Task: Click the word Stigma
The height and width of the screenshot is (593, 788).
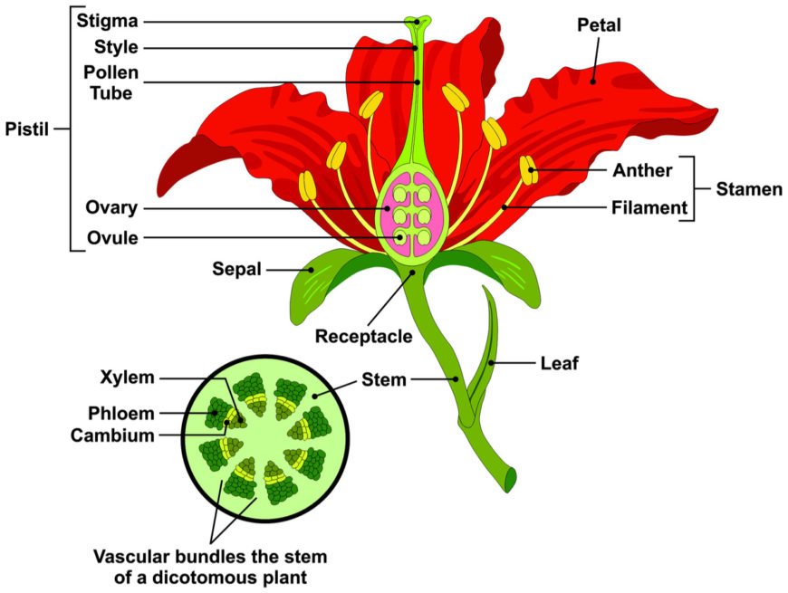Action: click(107, 20)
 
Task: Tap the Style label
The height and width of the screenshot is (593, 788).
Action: click(116, 47)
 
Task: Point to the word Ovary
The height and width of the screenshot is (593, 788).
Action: click(113, 208)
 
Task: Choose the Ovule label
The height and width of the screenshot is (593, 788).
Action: click(114, 239)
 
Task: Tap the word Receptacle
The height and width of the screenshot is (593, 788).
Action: click(363, 337)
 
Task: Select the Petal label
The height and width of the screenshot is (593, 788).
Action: click(599, 25)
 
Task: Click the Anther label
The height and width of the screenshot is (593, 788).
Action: click(642, 169)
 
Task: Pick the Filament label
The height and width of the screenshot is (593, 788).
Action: click(649, 208)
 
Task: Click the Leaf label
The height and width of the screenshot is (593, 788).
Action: click(558, 363)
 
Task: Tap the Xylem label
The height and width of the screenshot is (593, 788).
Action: click(130, 377)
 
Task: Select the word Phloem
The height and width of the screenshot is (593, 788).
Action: click(121, 414)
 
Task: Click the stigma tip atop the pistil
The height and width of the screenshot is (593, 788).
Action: click(418, 20)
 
